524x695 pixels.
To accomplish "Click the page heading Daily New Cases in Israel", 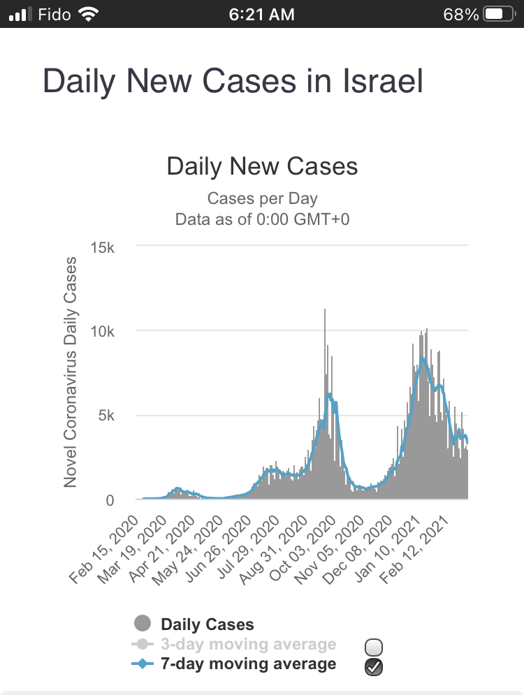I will click(233, 82).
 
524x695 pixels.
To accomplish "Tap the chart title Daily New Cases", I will click(262, 166).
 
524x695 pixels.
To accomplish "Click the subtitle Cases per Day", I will click(262, 199).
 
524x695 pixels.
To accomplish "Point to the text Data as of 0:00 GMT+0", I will click(262, 219).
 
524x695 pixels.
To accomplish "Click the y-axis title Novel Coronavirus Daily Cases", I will click(71, 372).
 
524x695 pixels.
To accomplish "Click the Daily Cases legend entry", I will click(207, 624).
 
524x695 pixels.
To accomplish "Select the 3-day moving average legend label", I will click(248, 644).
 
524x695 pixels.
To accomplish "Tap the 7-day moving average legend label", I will click(248, 664).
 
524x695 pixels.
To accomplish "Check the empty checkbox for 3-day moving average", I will click(374, 647).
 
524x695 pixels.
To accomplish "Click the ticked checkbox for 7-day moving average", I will click(374, 667).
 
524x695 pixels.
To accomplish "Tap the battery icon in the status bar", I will click(498, 14).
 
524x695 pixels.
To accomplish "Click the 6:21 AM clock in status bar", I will click(262, 14).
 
